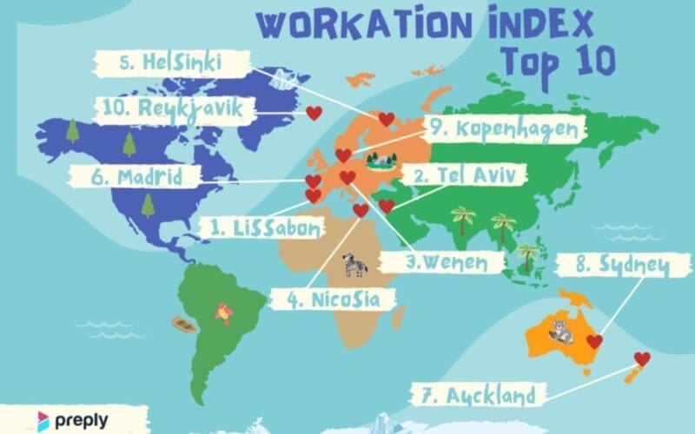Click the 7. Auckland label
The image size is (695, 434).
coord(490,397)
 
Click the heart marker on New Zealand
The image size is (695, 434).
coord(642,359)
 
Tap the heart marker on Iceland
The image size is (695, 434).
coord(314,113)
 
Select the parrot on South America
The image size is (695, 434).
coord(224,312)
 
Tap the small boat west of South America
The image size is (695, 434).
coord(183,325)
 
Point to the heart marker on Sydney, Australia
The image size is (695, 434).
coord(594,341)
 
